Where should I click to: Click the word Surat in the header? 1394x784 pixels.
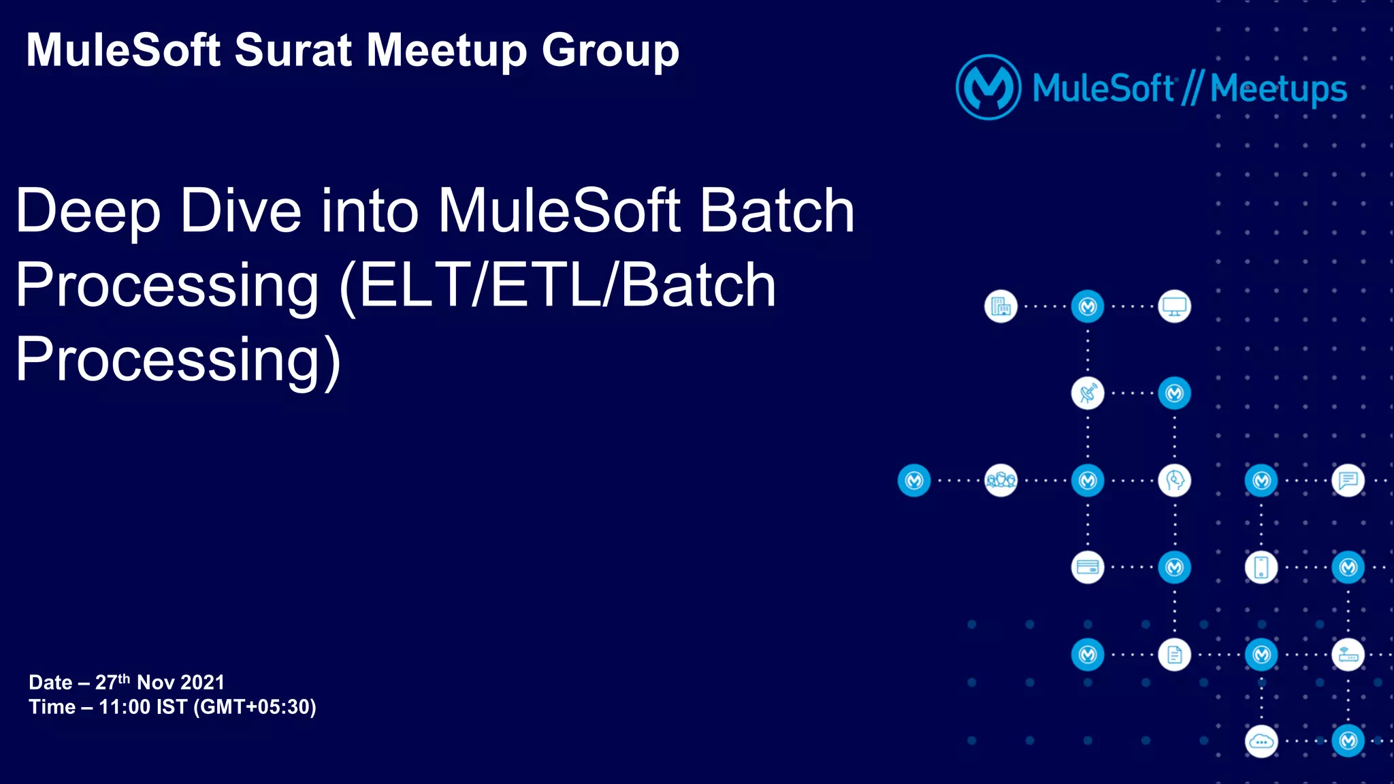(x=293, y=50)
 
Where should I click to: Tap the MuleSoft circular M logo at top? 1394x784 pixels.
(x=988, y=87)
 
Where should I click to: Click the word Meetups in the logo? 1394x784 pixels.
(x=1278, y=88)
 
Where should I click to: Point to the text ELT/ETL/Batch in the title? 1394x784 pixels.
(x=565, y=286)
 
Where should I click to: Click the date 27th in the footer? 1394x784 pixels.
(x=112, y=682)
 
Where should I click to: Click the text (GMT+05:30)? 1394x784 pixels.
(x=255, y=707)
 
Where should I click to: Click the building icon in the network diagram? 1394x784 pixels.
(x=1001, y=307)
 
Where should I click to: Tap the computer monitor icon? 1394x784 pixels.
(x=1175, y=307)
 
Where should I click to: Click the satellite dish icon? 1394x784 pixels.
(x=1088, y=393)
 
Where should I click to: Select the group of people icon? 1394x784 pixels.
(x=1001, y=480)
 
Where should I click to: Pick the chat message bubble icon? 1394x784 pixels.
(x=1348, y=480)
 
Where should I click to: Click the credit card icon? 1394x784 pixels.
(x=1088, y=568)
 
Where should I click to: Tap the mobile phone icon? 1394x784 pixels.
(x=1261, y=568)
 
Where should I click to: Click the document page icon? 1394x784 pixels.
(x=1175, y=655)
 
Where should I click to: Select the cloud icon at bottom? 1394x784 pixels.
(x=1261, y=741)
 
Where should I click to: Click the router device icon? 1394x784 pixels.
(x=1348, y=655)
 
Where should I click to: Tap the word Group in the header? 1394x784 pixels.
(x=610, y=50)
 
